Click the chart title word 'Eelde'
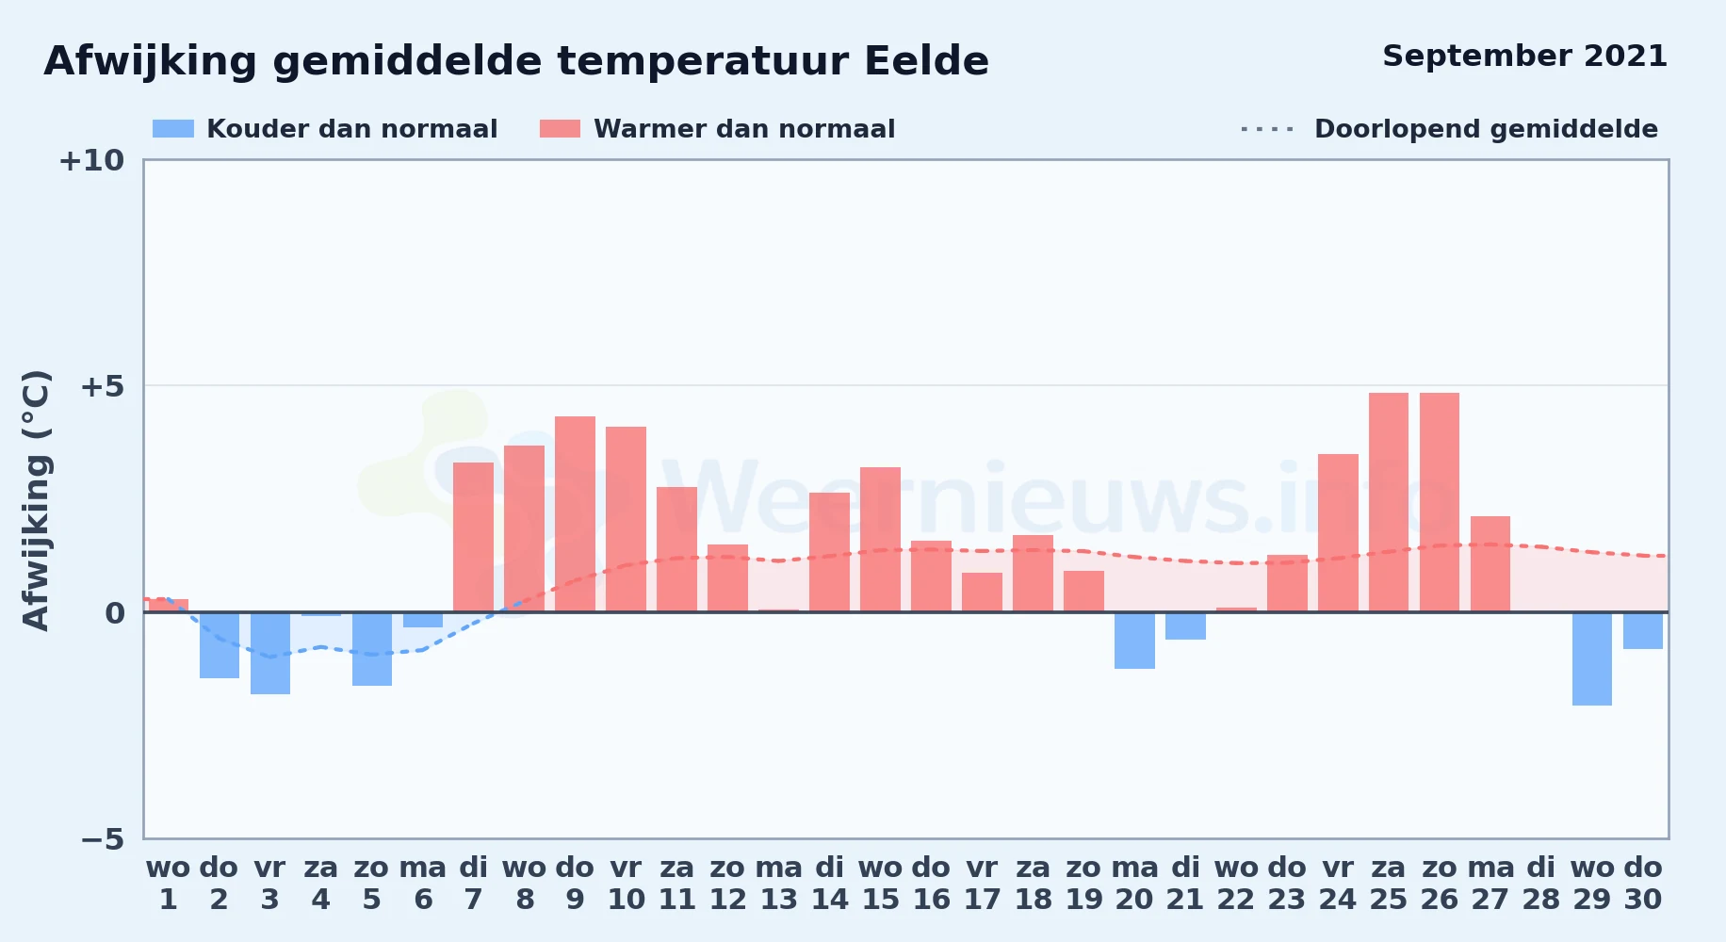click(x=926, y=61)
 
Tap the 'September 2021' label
click(x=1524, y=56)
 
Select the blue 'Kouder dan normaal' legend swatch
click(x=173, y=128)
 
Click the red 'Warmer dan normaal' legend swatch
click(x=560, y=128)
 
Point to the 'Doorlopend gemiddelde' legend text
click(x=1486, y=129)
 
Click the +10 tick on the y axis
click(x=91, y=160)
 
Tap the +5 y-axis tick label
click(x=102, y=386)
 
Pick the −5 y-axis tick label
click(x=102, y=838)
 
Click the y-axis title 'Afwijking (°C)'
click(x=36, y=500)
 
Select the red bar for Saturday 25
click(x=1389, y=502)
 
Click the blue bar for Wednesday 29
click(x=1592, y=658)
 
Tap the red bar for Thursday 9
click(x=575, y=514)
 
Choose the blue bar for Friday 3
click(x=270, y=653)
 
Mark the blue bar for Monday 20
click(x=1134, y=641)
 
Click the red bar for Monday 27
click(x=1490, y=564)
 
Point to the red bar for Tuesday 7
click(x=473, y=537)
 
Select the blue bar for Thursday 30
click(x=1643, y=630)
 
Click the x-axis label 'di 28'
click(x=1541, y=884)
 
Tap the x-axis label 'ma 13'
click(x=779, y=884)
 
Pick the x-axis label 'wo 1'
click(x=168, y=884)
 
